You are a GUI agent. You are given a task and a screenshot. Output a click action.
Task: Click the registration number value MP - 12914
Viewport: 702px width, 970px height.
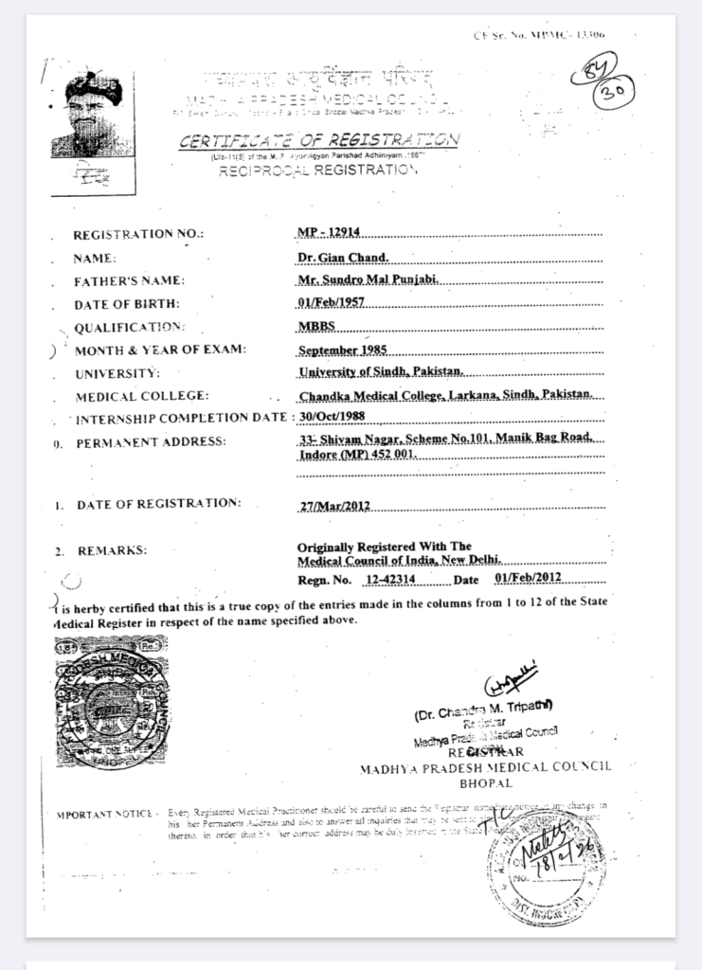coord(324,232)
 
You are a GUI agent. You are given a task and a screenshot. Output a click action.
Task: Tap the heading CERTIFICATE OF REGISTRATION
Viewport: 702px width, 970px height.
coord(319,140)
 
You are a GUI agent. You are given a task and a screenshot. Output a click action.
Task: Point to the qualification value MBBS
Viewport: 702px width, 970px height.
coord(316,326)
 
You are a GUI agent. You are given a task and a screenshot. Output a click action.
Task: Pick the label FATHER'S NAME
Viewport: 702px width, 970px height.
coord(129,281)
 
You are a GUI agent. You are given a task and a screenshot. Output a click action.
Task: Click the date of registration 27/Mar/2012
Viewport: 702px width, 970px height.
coord(333,506)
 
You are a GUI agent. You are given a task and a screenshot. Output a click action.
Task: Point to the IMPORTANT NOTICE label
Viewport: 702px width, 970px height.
coord(104,814)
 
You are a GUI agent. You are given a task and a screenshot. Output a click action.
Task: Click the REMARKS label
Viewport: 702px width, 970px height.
coord(113,550)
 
